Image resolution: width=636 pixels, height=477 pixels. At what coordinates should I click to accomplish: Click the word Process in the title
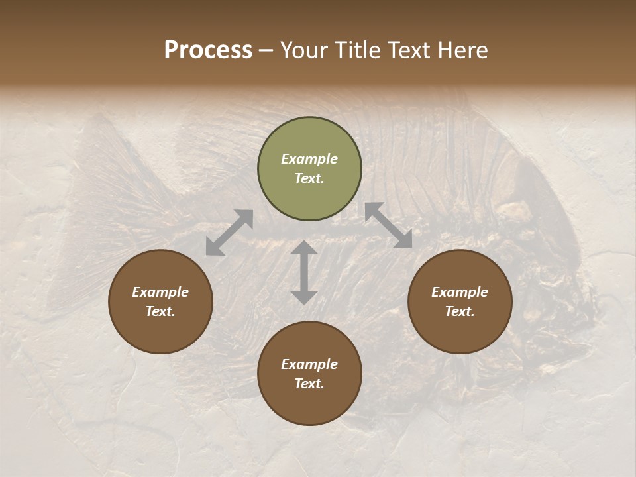tap(208, 50)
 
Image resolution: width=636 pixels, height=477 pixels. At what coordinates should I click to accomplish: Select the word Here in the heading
tap(461, 50)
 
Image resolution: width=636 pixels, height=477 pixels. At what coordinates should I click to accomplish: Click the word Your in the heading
tap(305, 50)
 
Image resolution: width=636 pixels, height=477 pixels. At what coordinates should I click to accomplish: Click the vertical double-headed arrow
tap(304, 272)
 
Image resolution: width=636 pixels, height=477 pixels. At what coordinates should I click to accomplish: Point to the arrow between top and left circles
tap(229, 232)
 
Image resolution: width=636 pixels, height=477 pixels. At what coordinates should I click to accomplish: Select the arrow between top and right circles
tap(388, 225)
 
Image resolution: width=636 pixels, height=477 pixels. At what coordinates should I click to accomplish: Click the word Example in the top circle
tap(309, 159)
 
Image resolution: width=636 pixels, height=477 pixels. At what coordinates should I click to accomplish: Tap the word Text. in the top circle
tap(309, 178)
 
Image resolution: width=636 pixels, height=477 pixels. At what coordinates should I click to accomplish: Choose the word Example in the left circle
tap(160, 292)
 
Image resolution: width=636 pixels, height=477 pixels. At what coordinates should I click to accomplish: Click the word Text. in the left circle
tap(160, 311)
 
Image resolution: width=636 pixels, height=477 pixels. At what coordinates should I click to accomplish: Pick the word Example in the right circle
tap(460, 292)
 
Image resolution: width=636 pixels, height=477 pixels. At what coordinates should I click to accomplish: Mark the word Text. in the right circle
tap(460, 311)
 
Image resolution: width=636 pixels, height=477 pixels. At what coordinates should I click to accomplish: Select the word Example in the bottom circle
tap(309, 364)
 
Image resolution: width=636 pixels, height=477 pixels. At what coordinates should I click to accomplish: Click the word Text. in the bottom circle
tap(309, 384)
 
